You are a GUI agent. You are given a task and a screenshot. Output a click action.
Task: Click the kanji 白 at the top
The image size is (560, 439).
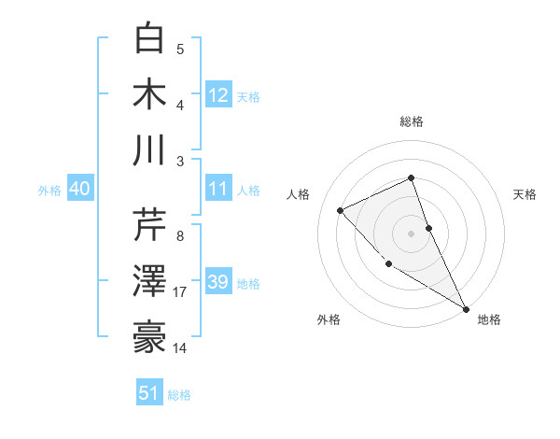coord(150,38)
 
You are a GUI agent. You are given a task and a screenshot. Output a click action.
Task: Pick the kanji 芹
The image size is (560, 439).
coord(150,225)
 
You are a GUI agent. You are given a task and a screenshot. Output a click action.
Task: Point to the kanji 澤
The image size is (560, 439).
coord(150,281)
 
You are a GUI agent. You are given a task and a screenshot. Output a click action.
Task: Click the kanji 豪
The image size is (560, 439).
coord(150,337)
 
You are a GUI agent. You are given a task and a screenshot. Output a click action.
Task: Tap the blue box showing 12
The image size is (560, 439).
coord(218,94)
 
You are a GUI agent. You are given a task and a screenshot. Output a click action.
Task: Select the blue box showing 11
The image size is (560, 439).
coord(218,189)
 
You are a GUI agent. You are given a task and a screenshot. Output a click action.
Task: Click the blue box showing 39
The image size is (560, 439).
coord(218,282)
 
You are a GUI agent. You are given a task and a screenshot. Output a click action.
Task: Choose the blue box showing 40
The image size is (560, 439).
coord(79,189)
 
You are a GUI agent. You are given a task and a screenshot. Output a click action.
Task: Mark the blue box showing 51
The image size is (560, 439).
coord(149,393)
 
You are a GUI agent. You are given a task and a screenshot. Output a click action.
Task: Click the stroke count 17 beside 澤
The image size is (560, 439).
coord(180,292)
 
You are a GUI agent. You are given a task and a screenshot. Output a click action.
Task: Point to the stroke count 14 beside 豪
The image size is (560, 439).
coord(180,348)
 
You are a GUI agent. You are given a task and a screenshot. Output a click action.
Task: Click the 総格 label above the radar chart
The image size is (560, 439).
coord(412,121)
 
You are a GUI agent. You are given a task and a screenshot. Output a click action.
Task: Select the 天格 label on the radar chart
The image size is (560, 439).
coord(525,194)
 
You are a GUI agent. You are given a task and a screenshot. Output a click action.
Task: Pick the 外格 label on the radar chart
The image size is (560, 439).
coord(329,319)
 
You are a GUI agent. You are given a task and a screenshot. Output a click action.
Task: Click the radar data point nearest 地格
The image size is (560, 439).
coord(466,308)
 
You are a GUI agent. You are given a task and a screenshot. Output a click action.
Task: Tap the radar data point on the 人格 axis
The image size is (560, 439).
coord(341,210)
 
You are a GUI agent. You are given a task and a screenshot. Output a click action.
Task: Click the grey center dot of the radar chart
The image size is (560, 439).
coord(412,233)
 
